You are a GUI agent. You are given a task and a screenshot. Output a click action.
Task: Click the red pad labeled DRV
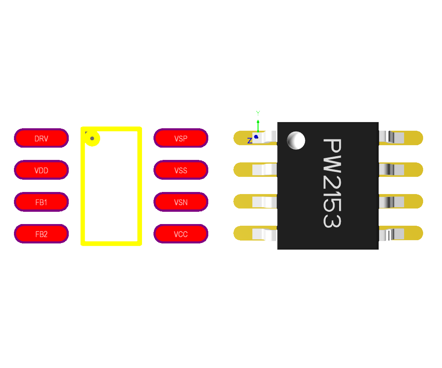point(41,138)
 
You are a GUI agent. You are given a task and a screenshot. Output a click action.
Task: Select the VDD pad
point(41,170)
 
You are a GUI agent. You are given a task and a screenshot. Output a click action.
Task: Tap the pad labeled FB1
point(41,202)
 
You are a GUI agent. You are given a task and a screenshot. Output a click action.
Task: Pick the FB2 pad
point(41,234)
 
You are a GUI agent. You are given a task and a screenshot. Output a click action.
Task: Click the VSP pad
point(181,138)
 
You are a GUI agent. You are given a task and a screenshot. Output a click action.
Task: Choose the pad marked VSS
point(181,170)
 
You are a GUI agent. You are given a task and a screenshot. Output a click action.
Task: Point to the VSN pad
point(181,202)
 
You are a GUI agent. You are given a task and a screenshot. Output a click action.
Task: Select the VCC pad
point(181,234)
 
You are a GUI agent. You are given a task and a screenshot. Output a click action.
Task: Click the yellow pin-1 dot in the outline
point(92,139)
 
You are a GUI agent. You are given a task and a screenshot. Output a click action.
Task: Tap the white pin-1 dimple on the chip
point(296,141)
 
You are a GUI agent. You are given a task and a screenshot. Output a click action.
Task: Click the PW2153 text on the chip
point(332,183)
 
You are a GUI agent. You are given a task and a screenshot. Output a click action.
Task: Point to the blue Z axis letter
point(249,141)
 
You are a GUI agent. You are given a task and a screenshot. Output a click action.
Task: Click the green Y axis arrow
point(258,123)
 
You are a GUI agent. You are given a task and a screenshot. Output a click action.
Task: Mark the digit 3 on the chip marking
point(332,218)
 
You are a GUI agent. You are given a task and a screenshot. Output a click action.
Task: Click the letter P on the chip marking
point(332,147)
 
